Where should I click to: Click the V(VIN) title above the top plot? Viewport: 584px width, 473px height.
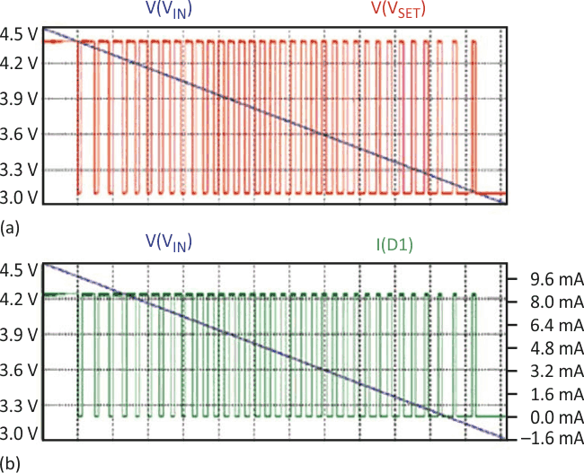tap(166, 12)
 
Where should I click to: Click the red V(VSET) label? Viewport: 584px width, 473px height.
tap(398, 12)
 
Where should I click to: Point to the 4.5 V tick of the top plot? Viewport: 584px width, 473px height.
tap(19, 37)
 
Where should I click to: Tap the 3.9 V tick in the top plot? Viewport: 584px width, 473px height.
tap(19, 99)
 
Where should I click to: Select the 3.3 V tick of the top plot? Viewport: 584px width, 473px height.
tap(19, 169)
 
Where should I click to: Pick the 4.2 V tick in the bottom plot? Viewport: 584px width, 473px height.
tap(19, 298)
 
